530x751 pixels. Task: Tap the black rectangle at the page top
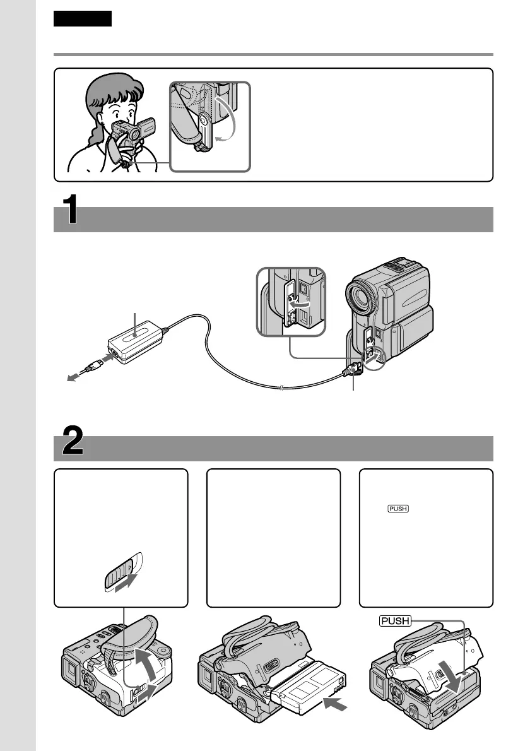click(83, 19)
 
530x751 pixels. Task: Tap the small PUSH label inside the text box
click(398, 510)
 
